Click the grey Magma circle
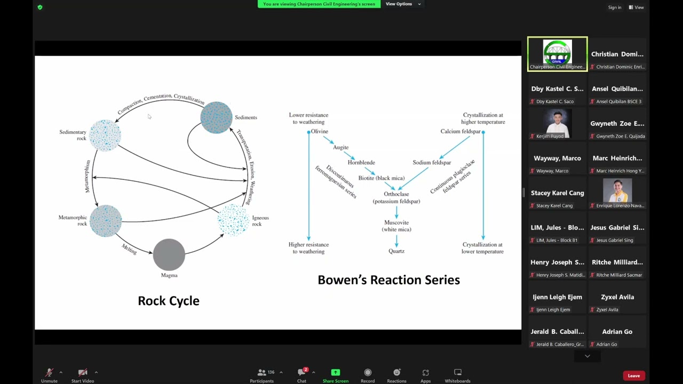(169, 254)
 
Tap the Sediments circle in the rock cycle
(216, 117)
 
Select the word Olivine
(319, 131)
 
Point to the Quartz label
(396, 251)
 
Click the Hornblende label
(361, 162)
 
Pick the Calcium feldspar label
(460, 131)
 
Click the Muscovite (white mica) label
(396, 226)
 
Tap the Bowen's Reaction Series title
(388, 280)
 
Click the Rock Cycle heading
(169, 301)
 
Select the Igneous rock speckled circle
(233, 220)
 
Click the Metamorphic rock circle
(106, 220)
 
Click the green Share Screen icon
(335, 372)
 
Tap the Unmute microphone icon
(49, 372)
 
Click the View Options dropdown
(403, 4)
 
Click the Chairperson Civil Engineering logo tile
(557, 53)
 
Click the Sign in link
(615, 7)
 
